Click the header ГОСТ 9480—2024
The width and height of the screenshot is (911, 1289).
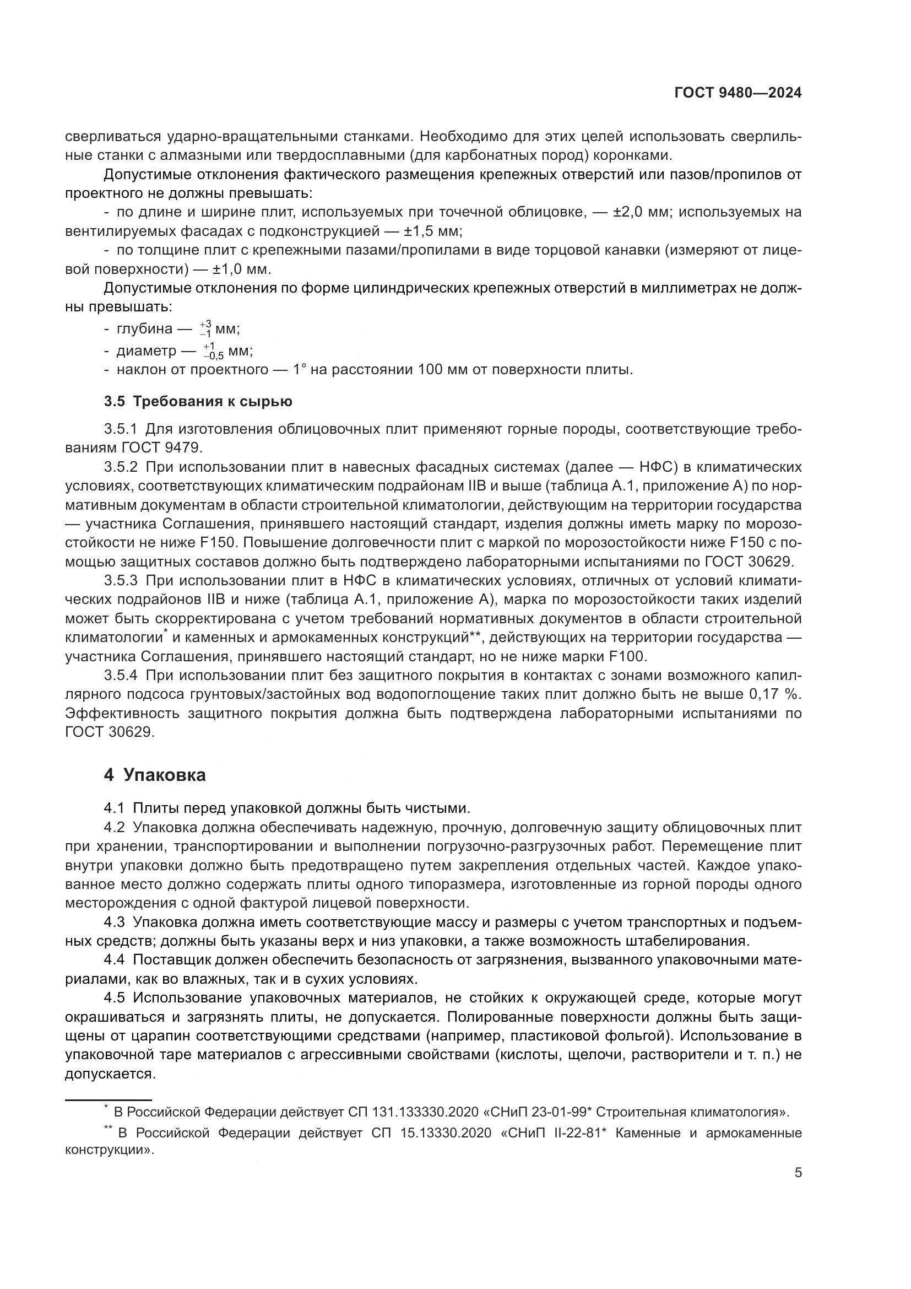(738, 93)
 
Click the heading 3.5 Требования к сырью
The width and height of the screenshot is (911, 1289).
(198, 401)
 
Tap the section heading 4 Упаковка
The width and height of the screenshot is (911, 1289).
(155, 775)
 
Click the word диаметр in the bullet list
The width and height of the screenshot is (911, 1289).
(147, 352)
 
